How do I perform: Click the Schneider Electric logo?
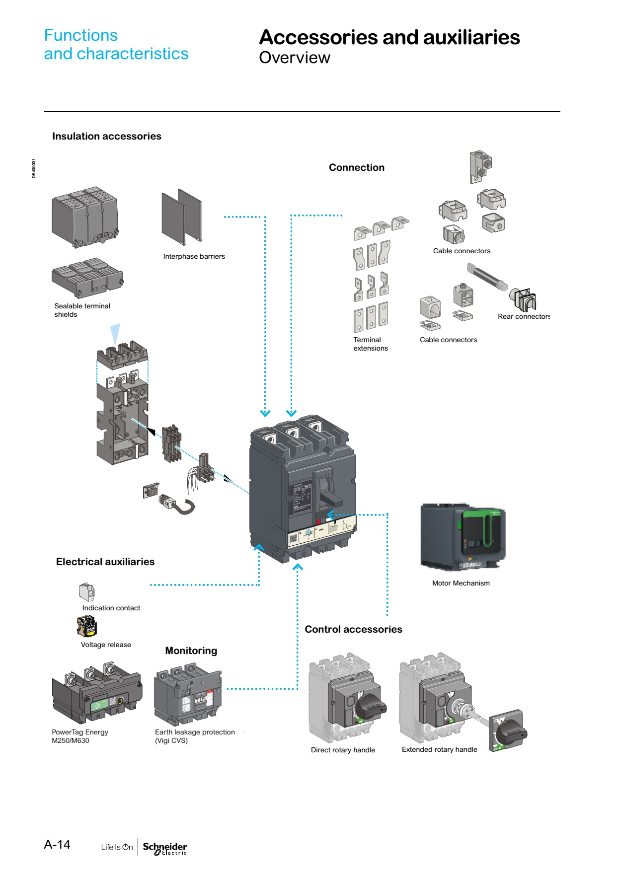(165, 848)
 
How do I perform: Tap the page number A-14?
(57, 845)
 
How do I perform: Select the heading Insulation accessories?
(107, 136)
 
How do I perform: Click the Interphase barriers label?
(194, 256)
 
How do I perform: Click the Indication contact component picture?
(86, 592)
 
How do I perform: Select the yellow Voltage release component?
(87, 626)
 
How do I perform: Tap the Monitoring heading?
(191, 651)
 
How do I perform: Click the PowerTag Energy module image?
(97, 693)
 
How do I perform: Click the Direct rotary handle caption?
(343, 750)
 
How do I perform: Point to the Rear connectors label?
(524, 316)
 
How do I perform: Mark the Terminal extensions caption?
(371, 344)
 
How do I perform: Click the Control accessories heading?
(353, 629)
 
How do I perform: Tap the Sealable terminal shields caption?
(82, 310)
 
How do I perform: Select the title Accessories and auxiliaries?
(389, 38)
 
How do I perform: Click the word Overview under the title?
(295, 58)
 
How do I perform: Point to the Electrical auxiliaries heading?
(105, 562)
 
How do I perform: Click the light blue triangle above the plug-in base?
(115, 333)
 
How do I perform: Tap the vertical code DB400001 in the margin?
(34, 168)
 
